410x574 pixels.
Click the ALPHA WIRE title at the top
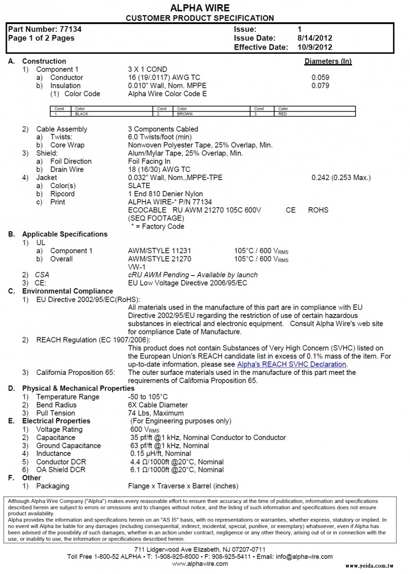pos(200,8)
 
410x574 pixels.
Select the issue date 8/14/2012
pos(314,38)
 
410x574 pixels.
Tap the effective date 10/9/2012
pos(314,47)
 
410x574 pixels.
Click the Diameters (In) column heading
pos(328,61)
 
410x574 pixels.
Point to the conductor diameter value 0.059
pos(320,77)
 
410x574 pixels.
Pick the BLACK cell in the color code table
pos(82,114)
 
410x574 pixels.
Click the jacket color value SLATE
pos(139,186)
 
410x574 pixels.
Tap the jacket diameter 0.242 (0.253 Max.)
pos(341,178)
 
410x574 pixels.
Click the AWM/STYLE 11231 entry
pos(160,251)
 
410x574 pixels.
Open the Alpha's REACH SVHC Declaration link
pos(292,364)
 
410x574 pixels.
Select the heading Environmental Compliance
pos(67,291)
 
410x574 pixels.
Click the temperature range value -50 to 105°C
pos(148,397)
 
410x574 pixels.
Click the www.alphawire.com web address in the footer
pos(200,564)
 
